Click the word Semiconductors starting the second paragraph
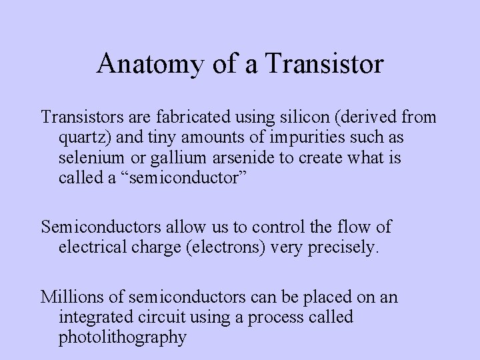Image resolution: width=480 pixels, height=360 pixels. tap(99, 227)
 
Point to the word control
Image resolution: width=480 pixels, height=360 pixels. tap(265, 227)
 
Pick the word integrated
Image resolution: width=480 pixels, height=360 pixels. tap(93, 316)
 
